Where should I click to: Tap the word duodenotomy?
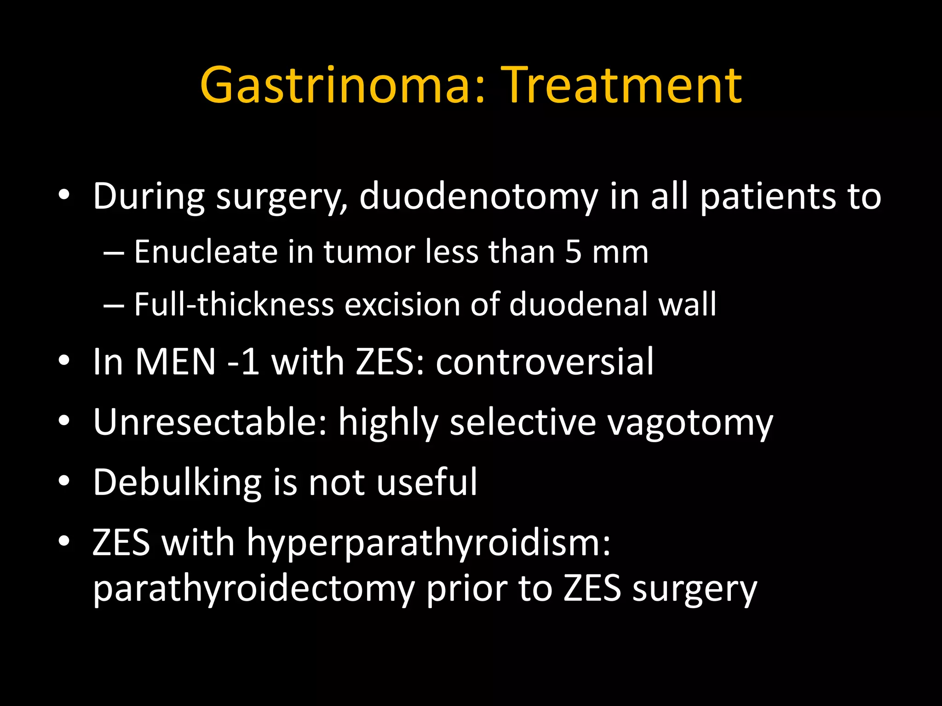[x=478, y=197]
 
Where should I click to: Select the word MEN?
[x=175, y=362]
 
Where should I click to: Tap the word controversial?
[x=545, y=362]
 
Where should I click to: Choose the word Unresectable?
[x=210, y=422]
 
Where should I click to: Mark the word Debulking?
[x=177, y=483]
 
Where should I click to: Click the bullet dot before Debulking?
[x=64, y=481]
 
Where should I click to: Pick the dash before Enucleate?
[x=113, y=253]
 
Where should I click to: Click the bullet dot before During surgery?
[x=64, y=195]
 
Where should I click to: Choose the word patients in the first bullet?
[x=767, y=197]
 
